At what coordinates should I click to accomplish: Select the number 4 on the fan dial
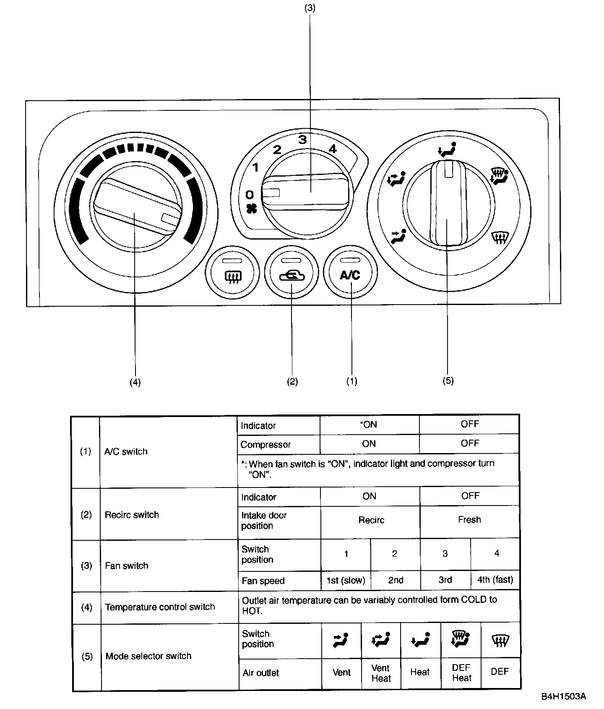pos(333,149)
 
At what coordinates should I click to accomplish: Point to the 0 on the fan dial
pos(250,195)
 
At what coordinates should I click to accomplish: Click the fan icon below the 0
pos(251,209)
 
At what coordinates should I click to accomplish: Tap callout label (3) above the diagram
pos(310,8)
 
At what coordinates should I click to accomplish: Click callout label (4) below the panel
pos(135,382)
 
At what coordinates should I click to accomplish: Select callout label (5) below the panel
pos(448,381)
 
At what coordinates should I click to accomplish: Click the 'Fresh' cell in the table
pos(469,520)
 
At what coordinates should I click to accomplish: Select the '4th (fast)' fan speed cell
pos(495,580)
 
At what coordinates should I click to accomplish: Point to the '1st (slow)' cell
pos(346,581)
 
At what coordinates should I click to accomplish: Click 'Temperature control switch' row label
pos(160,607)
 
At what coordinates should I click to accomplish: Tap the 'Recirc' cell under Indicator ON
pos(371,520)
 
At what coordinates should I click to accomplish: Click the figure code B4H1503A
pos(563,696)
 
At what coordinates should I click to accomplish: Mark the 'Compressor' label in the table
pos(266,444)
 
